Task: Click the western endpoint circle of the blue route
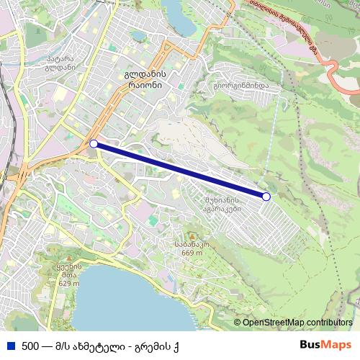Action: tap(94, 143)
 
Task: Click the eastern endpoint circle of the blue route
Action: tap(266, 196)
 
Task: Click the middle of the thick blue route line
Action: tap(180, 170)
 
